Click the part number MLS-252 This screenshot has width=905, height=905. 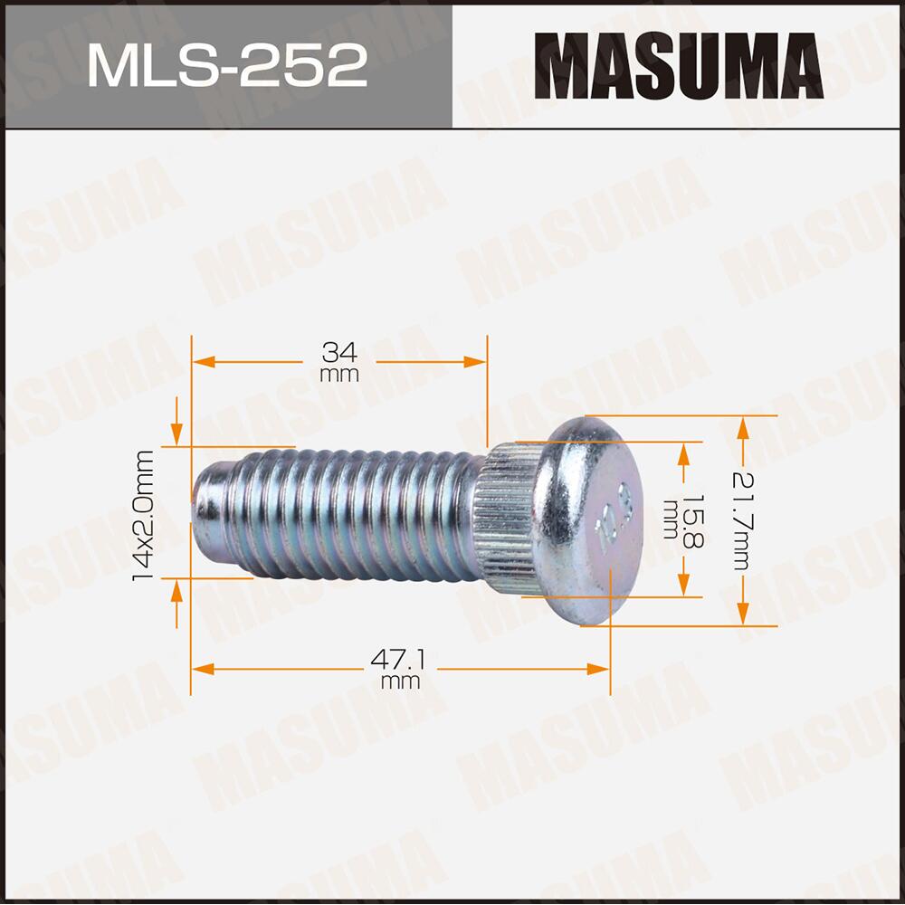coord(226,65)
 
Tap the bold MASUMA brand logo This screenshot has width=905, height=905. coord(679,65)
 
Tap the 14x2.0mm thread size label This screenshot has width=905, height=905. coord(145,516)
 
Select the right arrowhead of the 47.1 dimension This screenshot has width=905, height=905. coord(599,670)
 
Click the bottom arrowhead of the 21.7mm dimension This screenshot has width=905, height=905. coord(743,615)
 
